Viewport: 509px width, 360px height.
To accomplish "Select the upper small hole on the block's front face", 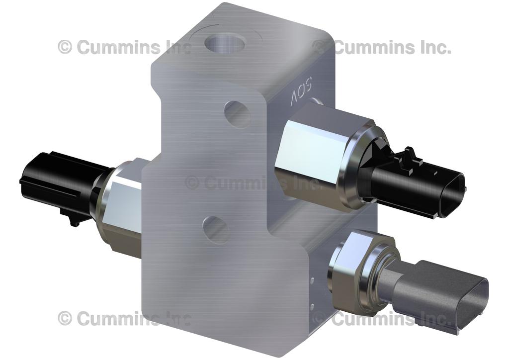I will click(x=237, y=114).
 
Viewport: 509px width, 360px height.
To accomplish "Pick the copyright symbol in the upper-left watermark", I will click(x=65, y=47).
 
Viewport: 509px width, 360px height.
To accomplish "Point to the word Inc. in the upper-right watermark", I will click(x=433, y=47).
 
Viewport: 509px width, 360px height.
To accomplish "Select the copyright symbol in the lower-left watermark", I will click(x=65, y=318).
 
